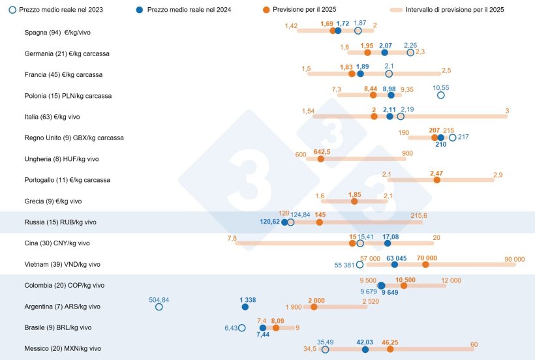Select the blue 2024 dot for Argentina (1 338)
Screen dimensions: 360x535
(245, 307)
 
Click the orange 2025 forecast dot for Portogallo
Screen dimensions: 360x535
(436, 180)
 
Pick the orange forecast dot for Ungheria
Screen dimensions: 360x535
(320, 158)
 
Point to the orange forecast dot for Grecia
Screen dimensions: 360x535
(354, 202)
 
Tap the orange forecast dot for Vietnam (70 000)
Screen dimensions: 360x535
(425, 265)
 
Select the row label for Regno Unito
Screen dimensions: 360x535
(74, 138)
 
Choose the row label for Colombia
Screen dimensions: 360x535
(64, 285)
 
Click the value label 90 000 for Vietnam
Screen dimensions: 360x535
(514, 259)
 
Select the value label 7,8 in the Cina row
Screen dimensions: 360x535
(232, 238)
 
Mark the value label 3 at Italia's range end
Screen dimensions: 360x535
(507, 110)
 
